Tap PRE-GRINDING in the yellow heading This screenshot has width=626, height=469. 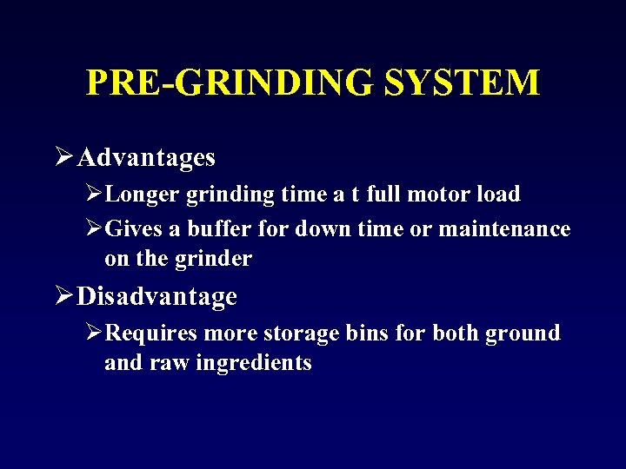point(230,83)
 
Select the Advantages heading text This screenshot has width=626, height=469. point(146,157)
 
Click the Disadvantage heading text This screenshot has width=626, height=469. point(156,297)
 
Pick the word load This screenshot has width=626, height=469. point(498,194)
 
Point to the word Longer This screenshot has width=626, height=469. point(140,194)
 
